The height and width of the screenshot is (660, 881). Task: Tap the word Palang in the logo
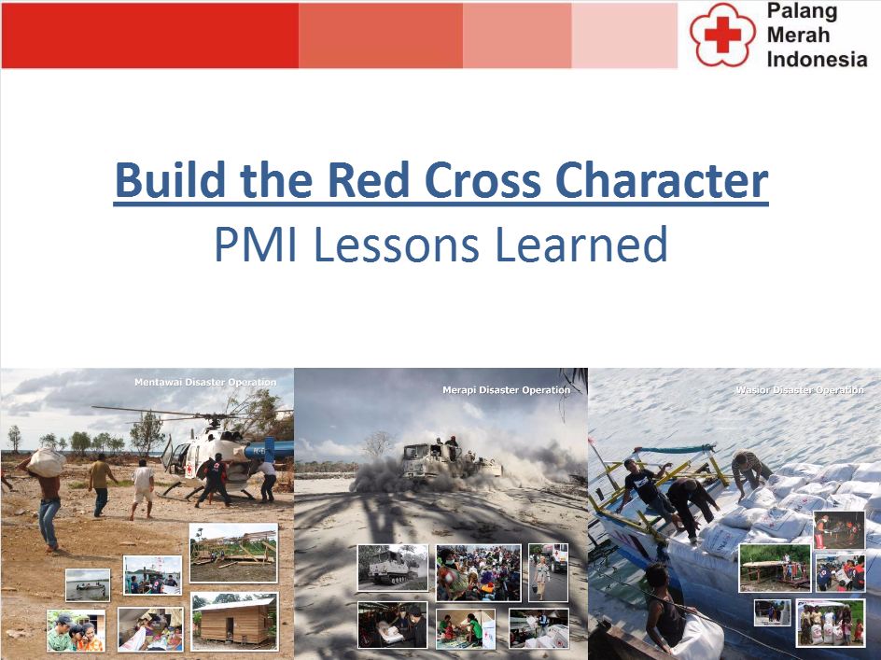[x=802, y=12]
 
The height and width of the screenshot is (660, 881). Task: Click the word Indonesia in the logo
[x=816, y=58]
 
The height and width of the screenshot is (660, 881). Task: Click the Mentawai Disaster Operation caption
[x=204, y=382]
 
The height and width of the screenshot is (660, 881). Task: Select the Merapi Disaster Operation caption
[x=506, y=389]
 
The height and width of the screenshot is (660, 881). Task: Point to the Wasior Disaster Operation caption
[x=799, y=389]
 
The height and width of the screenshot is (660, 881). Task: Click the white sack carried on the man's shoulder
[x=47, y=461]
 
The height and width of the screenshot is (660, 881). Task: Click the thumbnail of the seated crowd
[x=479, y=572]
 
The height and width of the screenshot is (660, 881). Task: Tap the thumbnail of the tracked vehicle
[x=393, y=567]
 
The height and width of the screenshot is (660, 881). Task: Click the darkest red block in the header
[x=149, y=35]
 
